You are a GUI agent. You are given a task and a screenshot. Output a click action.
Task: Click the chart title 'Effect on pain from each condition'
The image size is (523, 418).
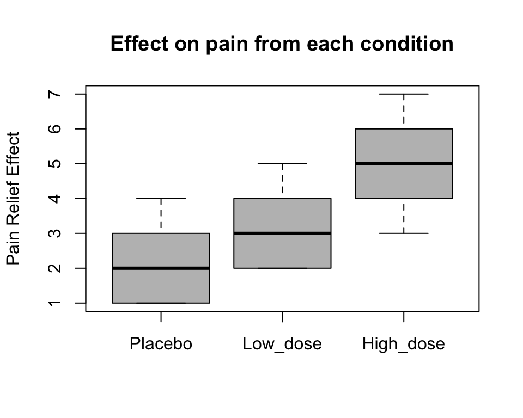(282, 44)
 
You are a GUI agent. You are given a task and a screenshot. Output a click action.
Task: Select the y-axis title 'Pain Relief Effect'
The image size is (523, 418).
(14, 198)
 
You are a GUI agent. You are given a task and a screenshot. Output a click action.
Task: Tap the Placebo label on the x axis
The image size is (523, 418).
(161, 344)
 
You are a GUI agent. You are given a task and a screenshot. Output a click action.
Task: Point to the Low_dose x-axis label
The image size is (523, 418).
(282, 344)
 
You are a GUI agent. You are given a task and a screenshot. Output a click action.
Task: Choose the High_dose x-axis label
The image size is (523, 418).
(403, 344)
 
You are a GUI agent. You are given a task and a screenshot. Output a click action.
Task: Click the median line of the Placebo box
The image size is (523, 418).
(161, 268)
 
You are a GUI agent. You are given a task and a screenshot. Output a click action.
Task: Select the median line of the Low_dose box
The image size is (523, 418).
(282, 233)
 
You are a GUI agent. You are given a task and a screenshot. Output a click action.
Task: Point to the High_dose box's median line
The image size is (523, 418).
(403, 163)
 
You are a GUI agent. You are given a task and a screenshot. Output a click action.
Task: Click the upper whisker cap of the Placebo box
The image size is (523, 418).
(161, 199)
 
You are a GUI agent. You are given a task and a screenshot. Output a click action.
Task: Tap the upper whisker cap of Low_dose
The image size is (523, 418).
(282, 163)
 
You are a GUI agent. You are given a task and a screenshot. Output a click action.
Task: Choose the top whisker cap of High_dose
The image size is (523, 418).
(403, 94)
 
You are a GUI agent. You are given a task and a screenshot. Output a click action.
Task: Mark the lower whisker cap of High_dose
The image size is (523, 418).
(403, 233)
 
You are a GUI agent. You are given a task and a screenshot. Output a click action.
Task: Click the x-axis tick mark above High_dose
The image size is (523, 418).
(403, 316)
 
